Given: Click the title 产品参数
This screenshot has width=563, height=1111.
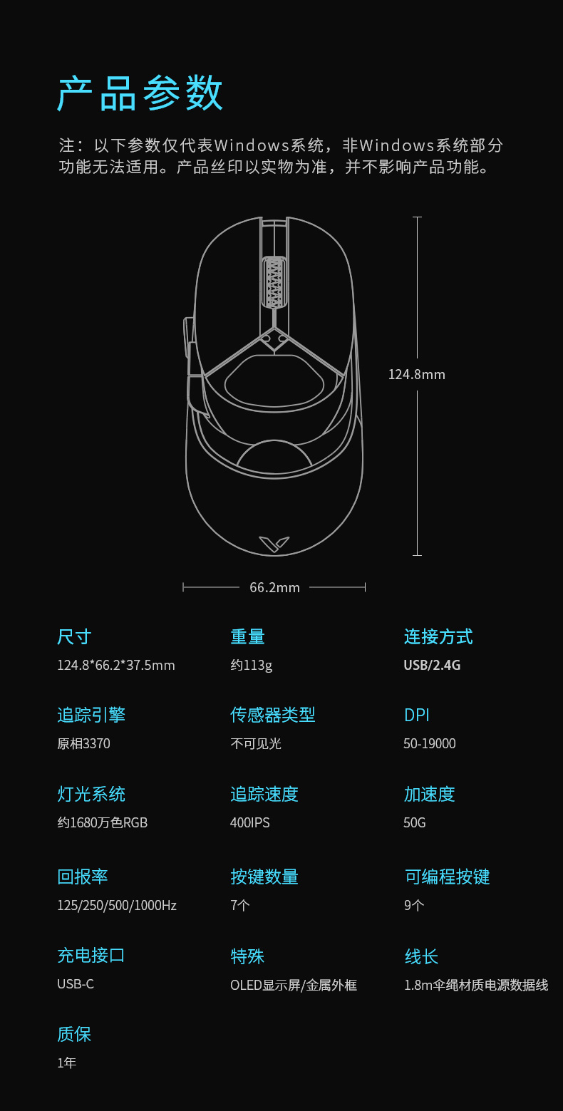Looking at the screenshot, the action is click(140, 93).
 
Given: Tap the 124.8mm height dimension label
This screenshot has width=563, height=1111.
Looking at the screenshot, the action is click(416, 374).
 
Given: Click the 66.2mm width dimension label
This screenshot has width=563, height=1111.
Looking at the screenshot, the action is click(274, 587).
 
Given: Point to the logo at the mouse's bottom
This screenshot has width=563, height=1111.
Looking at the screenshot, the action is click(274, 544).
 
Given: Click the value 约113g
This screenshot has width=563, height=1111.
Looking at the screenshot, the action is click(251, 665).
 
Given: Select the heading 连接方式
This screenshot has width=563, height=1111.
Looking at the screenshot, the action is click(438, 636).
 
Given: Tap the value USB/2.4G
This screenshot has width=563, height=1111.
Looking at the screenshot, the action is click(432, 665).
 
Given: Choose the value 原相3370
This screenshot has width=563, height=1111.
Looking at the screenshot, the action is click(83, 743).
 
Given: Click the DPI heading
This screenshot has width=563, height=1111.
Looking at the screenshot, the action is click(416, 715).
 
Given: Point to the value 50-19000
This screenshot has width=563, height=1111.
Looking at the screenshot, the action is click(429, 743).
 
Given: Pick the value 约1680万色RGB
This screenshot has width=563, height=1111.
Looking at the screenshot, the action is click(102, 822).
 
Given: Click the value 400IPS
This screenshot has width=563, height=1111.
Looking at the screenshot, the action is click(249, 822).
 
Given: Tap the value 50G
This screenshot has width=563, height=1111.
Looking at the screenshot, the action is click(414, 822).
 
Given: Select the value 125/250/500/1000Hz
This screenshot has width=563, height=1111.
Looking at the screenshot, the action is click(116, 905).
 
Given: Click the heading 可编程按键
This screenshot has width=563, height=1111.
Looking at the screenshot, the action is click(447, 877).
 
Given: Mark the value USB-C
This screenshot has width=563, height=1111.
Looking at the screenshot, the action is click(75, 984).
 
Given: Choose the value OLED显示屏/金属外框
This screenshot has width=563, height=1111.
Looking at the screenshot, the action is click(293, 985).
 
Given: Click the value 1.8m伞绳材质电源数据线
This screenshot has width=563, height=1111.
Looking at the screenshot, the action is click(475, 985).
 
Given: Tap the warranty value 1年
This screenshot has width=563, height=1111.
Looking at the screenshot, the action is click(66, 1063).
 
